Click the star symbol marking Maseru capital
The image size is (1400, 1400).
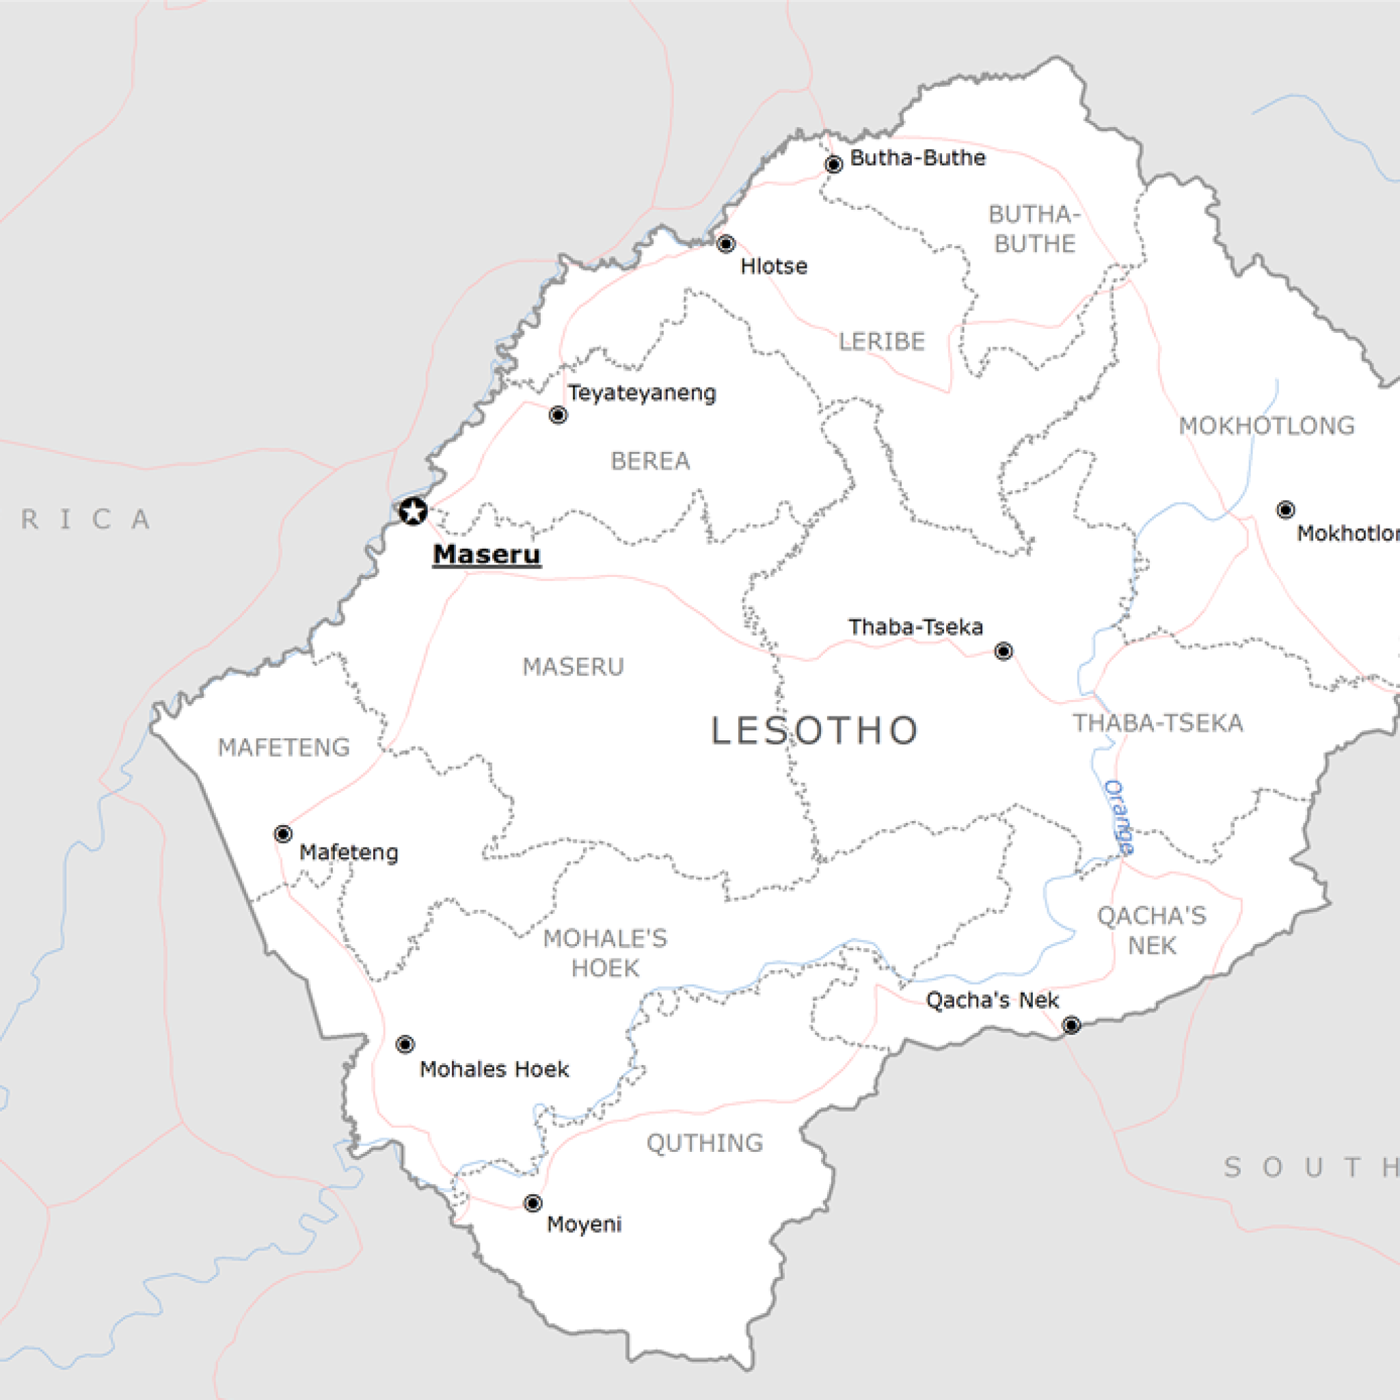click(x=413, y=511)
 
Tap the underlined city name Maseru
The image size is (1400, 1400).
click(x=486, y=554)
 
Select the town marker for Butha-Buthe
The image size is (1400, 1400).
click(x=833, y=165)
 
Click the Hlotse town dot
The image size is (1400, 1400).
click(x=725, y=244)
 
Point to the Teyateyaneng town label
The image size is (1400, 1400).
click(x=641, y=394)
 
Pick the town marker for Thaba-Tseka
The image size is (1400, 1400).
click(x=1003, y=651)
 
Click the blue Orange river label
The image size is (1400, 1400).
click(x=1119, y=817)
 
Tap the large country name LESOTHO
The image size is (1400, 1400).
click(x=814, y=731)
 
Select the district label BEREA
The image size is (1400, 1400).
click(x=650, y=461)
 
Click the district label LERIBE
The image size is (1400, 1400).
click(x=882, y=342)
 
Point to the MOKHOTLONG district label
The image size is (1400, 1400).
click(x=1267, y=426)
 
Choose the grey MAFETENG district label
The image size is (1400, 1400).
click(x=284, y=747)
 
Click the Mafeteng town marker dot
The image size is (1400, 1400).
click(x=283, y=833)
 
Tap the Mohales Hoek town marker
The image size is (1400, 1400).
click(x=405, y=1045)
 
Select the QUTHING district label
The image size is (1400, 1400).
click(x=704, y=1143)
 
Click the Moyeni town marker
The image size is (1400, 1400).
click(x=533, y=1203)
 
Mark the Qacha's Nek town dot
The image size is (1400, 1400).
click(x=1071, y=1025)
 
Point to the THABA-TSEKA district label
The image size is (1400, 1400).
click(x=1158, y=723)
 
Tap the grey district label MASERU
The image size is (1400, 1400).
click(x=573, y=667)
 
